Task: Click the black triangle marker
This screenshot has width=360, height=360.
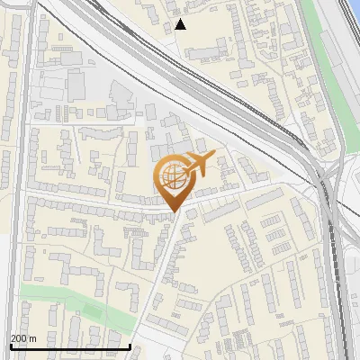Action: click(180, 24)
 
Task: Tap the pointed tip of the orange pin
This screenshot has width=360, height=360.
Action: click(174, 211)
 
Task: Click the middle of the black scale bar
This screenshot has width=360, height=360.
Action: click(70, 346)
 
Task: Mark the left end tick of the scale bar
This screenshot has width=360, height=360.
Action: click(10, 345)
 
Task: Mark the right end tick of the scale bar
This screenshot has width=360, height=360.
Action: click(130, 345)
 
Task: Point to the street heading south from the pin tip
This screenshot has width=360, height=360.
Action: click(157, 270)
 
